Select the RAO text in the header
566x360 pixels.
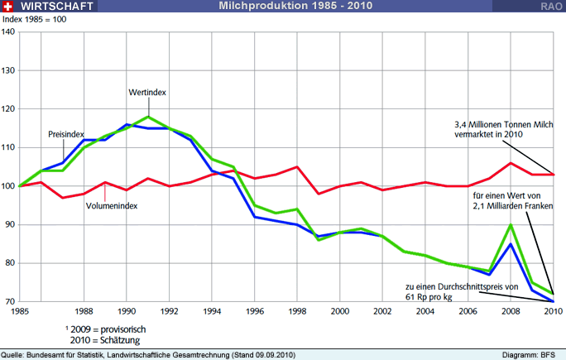[x=551, y=6]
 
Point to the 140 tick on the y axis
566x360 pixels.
[x=8, y=32]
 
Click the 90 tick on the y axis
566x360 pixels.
[x=8, y=224]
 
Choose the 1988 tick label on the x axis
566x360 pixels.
[x=84, y=311]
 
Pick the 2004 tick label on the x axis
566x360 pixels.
[x=425, y=311]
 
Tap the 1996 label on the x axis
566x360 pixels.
[x=254, y=311]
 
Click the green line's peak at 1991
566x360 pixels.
[x=148, y=117]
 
